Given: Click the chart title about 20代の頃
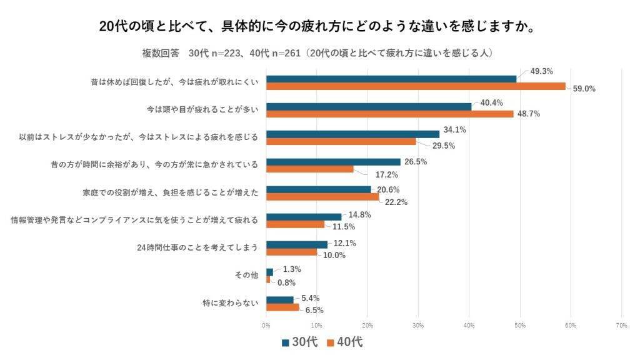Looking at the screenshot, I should pos(319,26).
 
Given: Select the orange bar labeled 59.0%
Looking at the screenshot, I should pos(416,86).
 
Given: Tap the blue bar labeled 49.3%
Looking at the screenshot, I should pos(392,79).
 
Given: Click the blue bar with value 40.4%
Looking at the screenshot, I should pos(369,106).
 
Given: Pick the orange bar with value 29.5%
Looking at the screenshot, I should pos(341,141).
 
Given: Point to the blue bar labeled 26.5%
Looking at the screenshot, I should pos(333,162).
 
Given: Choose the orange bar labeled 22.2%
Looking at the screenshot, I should pos(322,197).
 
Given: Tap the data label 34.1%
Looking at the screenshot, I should pos(454,129).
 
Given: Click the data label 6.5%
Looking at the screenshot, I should pos(314,309).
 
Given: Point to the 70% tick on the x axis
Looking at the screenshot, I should pos(621,325).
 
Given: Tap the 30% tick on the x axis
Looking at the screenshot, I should pos(418,325).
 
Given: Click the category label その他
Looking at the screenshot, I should pos(247,275).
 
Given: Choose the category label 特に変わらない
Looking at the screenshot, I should pos(230,302).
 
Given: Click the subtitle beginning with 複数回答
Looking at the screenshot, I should pos(319,53).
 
